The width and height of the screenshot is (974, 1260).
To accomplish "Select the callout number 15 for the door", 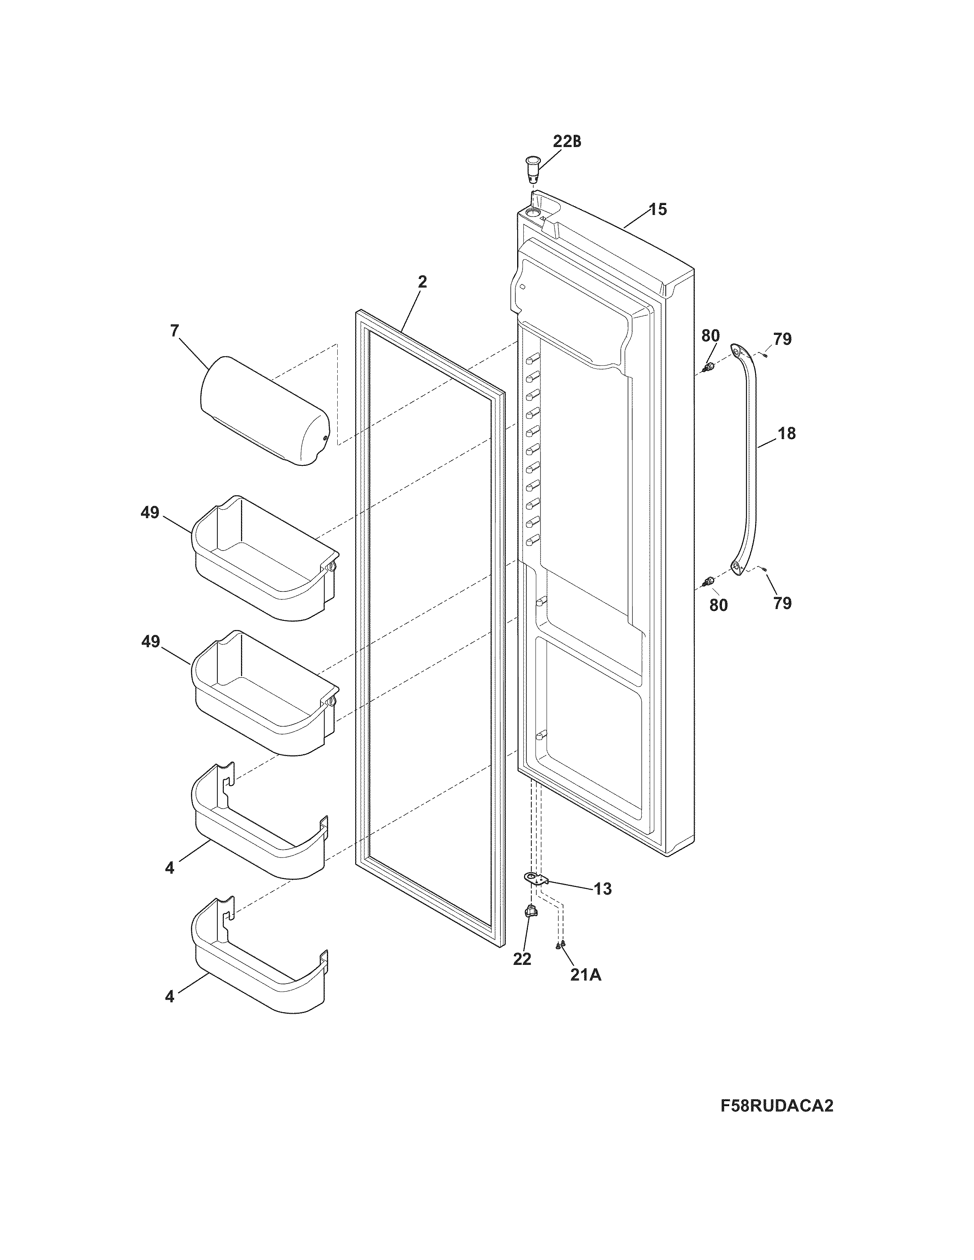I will coord(657,209).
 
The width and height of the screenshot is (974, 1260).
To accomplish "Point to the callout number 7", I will coord(174,331).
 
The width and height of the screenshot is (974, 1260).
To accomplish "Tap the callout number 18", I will coord(786,433).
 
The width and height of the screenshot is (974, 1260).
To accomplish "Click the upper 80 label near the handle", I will coord(710,335).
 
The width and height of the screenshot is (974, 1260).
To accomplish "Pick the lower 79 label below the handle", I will coord(782,603).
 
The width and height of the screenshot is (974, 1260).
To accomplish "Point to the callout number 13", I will coord(602,889).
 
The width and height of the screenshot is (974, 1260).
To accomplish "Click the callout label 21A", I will coord(585,975).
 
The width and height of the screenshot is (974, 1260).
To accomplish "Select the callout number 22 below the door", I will coord(522,959).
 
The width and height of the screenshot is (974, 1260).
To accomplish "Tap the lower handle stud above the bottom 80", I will coord(708,581).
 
